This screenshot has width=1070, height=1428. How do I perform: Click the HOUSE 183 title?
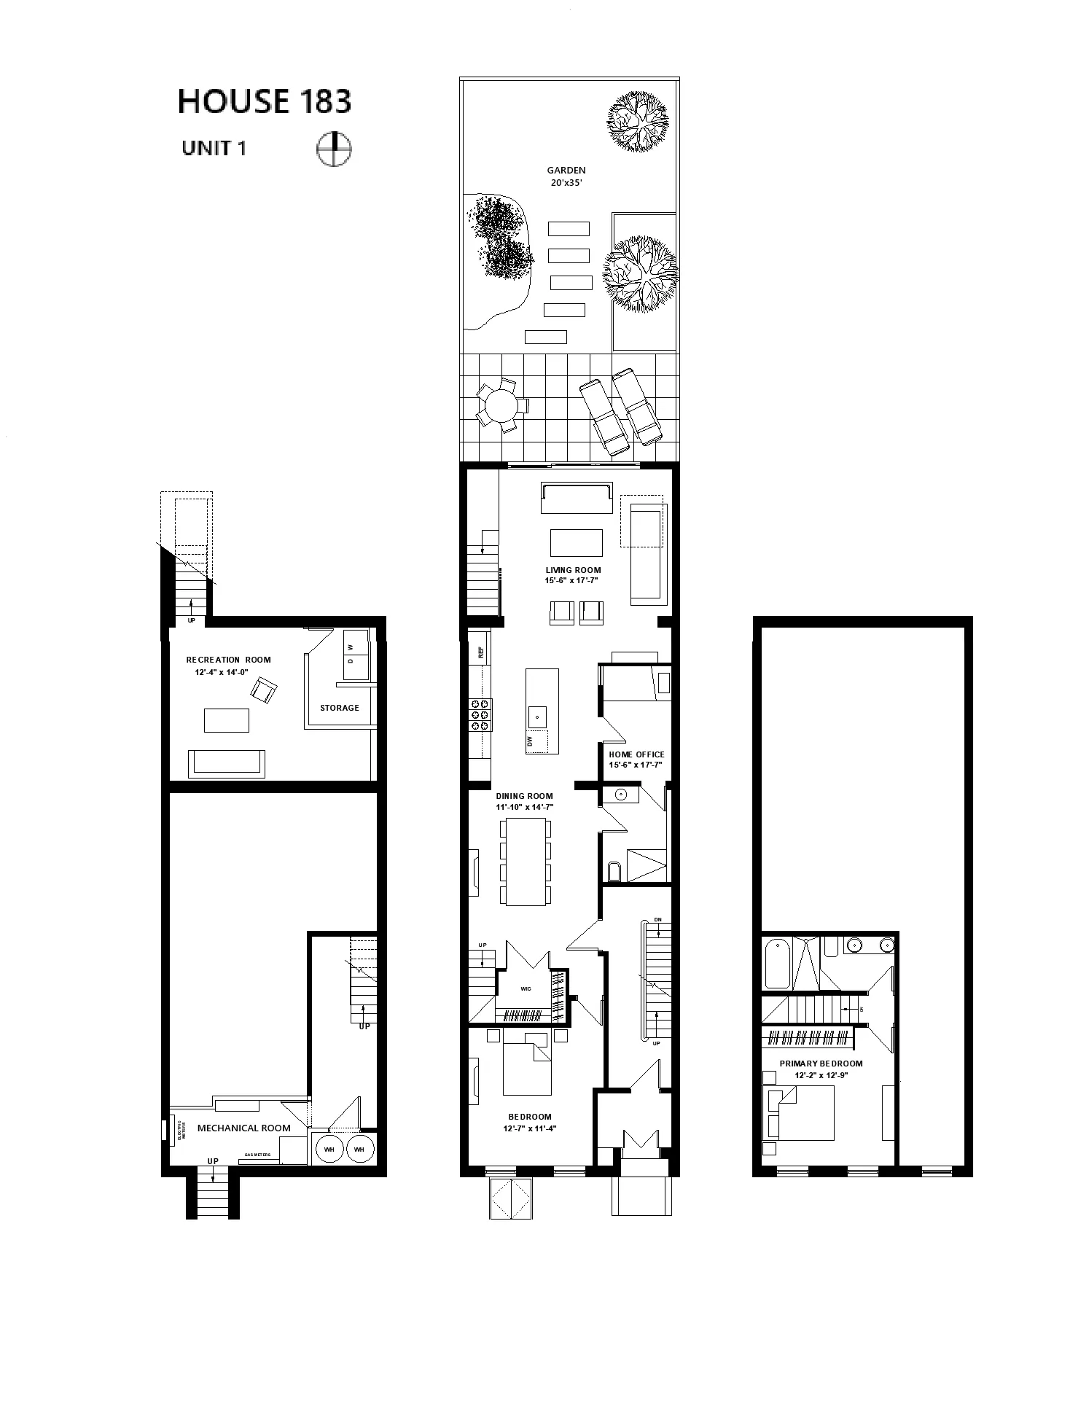265,102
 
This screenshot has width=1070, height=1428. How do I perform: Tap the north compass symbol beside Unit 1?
334,149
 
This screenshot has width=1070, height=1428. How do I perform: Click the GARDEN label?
566,171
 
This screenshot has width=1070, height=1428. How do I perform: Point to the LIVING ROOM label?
573,570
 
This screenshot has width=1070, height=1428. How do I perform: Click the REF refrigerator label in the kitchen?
481,653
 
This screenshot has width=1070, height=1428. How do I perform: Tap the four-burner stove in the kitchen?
480,714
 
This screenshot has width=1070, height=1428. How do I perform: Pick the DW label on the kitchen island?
530,741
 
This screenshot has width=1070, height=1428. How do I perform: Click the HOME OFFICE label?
636,754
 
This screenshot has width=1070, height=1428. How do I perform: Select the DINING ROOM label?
524,796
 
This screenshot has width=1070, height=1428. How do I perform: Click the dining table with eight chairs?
525,862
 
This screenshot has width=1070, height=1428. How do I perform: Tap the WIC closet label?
526,989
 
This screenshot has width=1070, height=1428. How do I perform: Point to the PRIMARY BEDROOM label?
821,1064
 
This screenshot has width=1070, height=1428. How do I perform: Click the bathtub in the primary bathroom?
776,962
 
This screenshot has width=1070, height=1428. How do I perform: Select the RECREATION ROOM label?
228,660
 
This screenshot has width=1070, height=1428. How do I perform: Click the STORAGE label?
340,708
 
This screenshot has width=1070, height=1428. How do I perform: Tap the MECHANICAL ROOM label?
244,1128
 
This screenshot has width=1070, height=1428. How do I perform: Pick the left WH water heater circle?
329,1150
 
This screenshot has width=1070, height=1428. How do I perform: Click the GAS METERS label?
257,1155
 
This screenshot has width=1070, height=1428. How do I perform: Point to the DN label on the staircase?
658,919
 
